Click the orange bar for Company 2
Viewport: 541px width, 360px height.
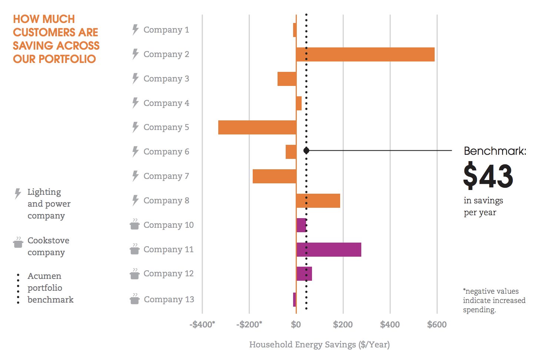click(x=365, y=54)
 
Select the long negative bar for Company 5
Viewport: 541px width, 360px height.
click(x=257, y=127)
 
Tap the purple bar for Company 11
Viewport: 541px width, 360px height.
click(x=329, y=250)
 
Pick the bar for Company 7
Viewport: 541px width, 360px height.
click(x=274, y=176)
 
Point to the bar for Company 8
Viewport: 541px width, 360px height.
click(x=318, y=201)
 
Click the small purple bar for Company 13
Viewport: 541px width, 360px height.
click(x=295, y=300)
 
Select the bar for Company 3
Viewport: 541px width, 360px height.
click(x=287, y=79)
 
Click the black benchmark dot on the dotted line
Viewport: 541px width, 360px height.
click(x=306, y=150)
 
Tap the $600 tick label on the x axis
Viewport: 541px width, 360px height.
click(x=437, y=325)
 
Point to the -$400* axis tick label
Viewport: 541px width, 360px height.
click(x=202, y=325)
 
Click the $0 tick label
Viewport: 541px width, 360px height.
click(x=296, y=325)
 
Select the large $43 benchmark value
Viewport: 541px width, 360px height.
click(x=488, y=176)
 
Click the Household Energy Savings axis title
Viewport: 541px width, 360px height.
click(x=319, y=345)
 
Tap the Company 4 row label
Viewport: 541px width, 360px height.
click(x=166, y=103)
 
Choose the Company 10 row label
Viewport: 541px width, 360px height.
click(x=169, y=225)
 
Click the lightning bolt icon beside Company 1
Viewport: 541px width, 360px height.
click(x=135, y=30)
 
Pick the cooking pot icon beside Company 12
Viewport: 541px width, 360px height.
click(x=135, y=274)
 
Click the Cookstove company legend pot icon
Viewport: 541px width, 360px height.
click(x=18, y=243)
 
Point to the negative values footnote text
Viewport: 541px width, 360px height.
click(x=494, y=300)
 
